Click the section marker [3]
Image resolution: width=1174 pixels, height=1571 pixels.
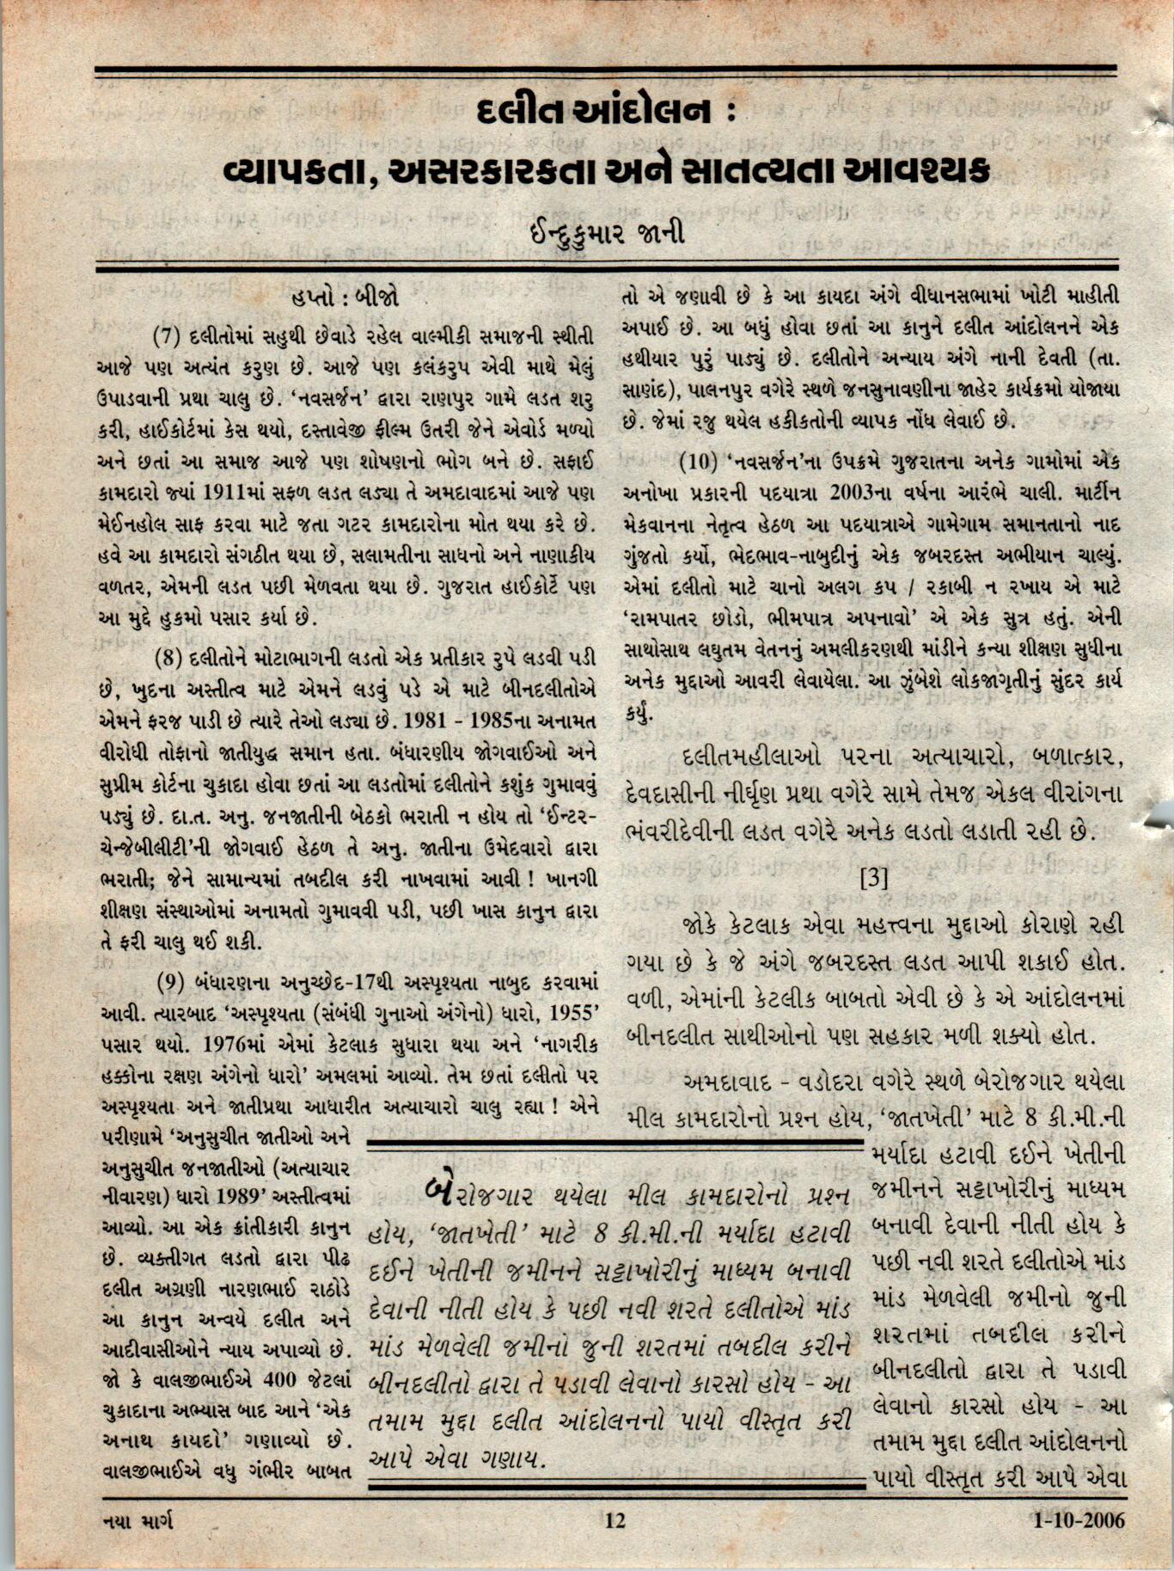point(873,878)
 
